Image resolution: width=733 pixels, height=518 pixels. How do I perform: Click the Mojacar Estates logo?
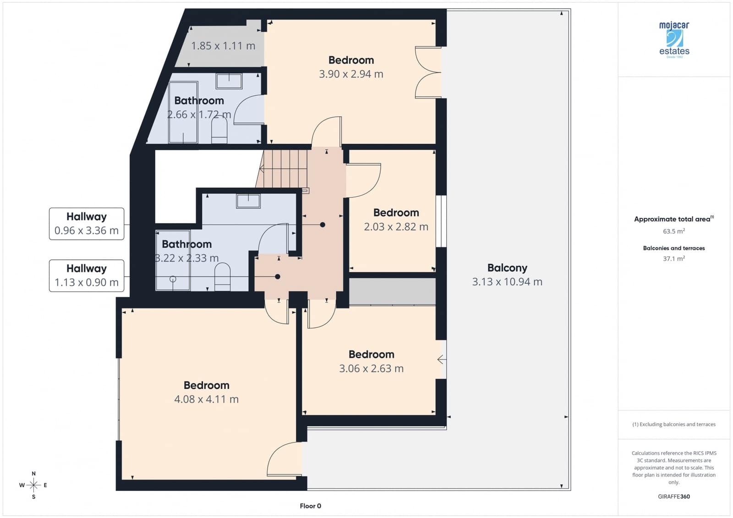click(674, 39)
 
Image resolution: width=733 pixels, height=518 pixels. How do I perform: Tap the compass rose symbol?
click(33, 485)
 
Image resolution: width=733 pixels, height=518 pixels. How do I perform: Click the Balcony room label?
click(507, 268)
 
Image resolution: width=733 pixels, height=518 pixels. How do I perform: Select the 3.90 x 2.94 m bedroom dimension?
click(351, 74)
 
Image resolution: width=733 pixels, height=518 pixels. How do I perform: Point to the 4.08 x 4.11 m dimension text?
click(206, 399)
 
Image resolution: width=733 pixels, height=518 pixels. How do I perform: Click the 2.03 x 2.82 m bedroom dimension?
click(396, 227)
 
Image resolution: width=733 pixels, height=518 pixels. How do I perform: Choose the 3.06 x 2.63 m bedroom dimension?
click(371, 369)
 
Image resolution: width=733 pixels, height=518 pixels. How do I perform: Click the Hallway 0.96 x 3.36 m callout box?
click(87, 224)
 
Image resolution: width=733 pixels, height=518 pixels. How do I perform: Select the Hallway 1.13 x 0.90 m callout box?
click(87, 276)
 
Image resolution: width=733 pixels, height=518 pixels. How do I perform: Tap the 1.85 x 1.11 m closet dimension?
click(223, 46)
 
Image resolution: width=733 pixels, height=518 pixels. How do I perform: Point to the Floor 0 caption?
click(311, 506)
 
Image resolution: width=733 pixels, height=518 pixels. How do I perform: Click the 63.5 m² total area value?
click(674, 231)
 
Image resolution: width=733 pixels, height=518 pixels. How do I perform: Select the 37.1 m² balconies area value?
click(674, 259)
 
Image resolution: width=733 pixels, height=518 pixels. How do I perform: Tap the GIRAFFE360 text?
click(674, 496)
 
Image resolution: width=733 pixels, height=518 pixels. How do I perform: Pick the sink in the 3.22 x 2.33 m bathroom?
click(248, 201)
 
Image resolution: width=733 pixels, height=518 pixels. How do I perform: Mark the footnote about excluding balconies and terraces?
click(674, 425)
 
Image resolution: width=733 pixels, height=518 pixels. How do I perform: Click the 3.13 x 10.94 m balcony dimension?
click(507, 282)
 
